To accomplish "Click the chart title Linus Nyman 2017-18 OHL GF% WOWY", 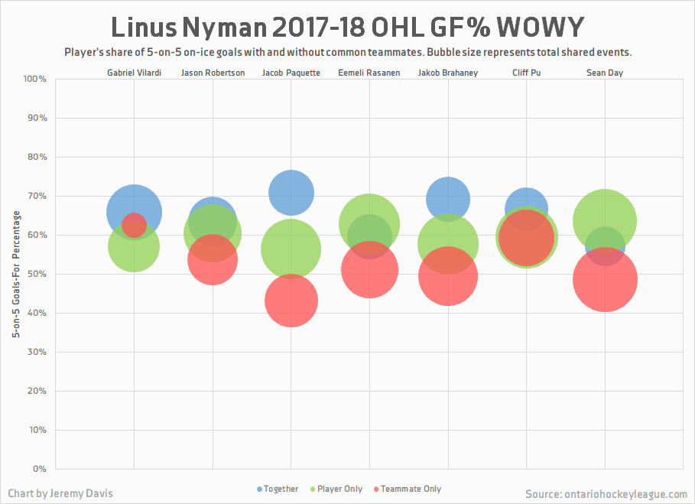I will (x=347, y=28).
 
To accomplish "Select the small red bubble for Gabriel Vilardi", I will (x=134, y=226).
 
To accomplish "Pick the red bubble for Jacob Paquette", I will (x=291, y=301).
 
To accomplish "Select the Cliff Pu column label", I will (x=526, y=73).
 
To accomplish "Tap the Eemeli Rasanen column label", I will (x=369, y=73).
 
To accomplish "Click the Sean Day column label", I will (x=605, y=73).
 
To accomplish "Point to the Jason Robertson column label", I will (x=213, y=73).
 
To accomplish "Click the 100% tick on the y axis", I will (x=35, y=79).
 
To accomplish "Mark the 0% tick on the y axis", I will (x=40, y=469).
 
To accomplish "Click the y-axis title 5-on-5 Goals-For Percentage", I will (x=15, y=274).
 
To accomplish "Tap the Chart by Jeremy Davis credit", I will (x=60, y=493).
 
